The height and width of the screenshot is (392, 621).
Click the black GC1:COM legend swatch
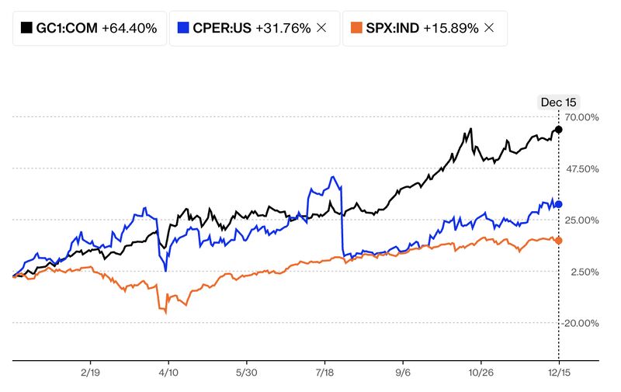pos(26,28)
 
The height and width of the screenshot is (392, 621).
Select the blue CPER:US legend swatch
pos(183,28)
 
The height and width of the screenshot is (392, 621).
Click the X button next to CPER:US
pos(322,28)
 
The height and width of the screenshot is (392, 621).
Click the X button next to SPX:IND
pos(489,28)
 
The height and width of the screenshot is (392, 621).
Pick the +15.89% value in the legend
pos(451,28)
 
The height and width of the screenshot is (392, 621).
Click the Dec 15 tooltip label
pos(558,102)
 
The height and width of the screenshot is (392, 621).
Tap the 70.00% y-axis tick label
pos(581,117)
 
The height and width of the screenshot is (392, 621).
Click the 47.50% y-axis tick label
pos(581,168)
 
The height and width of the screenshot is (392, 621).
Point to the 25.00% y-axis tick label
pos(581,220)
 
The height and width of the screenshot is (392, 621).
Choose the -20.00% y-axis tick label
pos(581,323)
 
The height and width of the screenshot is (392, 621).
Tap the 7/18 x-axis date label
pos(324,372)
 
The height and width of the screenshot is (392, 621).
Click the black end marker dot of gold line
pos(559,129)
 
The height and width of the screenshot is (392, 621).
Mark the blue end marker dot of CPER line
pos(559,204)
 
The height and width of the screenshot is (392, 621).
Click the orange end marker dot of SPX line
pos(559,241)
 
